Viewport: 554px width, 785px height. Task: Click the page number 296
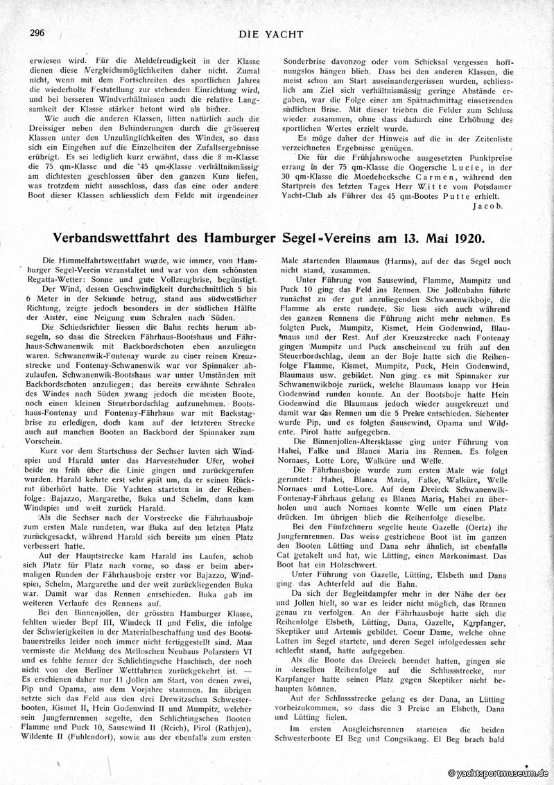37,33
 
